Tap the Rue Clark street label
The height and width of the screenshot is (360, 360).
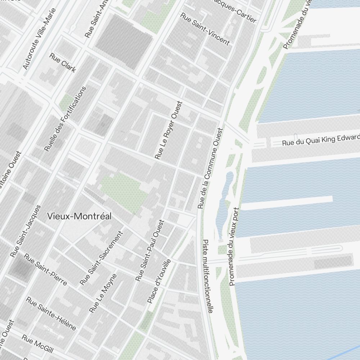(63, 63)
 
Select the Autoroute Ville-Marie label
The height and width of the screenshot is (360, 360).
(40, 39)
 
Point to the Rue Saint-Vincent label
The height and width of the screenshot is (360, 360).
(205, 29)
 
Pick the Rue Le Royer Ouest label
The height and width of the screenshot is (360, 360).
(169, 130)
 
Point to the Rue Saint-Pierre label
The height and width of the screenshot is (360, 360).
(45, 269)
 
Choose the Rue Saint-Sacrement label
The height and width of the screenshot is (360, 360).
(102, 257)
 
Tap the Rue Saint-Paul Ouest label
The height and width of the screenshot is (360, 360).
(150, 250)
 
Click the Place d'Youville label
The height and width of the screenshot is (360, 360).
(159, 281)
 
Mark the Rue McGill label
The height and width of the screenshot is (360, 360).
(37, 344)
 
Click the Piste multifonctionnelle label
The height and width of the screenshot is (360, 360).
(208, 276)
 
